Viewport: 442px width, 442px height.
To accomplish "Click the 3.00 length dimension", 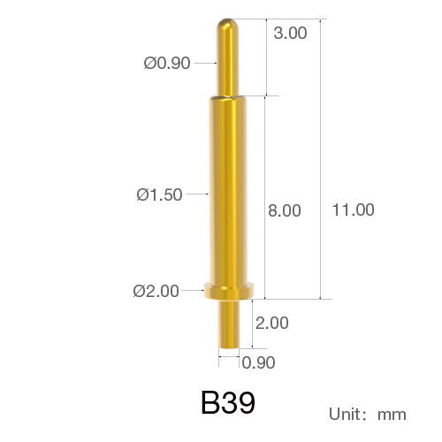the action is point(290,33).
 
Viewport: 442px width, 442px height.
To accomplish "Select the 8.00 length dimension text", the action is point(285,210).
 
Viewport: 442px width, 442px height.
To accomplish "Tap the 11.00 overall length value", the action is point(353,210).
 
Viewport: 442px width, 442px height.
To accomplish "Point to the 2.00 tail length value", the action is point(271,323).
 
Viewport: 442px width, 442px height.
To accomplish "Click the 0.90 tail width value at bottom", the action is point(258,362).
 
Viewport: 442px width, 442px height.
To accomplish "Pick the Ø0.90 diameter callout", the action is point(167,63).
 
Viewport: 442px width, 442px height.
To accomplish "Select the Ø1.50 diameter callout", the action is point(159,194).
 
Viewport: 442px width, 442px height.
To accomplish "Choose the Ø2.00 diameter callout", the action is point(156,291).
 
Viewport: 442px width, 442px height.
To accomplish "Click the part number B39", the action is point(228,402).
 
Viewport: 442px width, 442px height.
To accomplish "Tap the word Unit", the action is point(345,414).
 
